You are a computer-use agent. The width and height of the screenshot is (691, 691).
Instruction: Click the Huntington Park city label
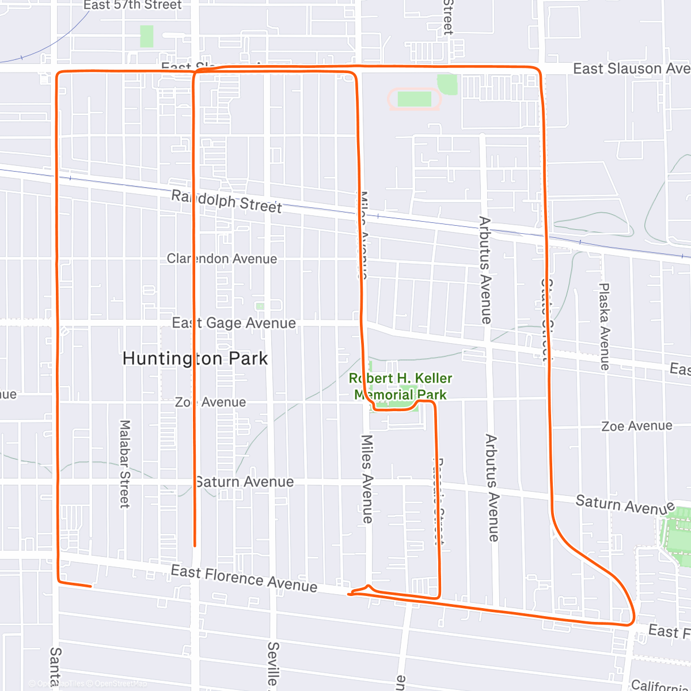point(195,359)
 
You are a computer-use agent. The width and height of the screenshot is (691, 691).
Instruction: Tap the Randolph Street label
point(226,202)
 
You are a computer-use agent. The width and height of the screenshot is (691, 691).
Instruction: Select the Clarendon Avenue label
point(222,259)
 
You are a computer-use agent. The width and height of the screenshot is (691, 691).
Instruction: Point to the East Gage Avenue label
point(234,323)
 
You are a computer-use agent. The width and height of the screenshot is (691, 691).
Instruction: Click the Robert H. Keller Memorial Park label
point(401,386)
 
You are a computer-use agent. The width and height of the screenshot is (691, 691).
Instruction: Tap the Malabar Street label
point(124,464)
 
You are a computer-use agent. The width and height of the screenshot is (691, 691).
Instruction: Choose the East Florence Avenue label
point(244,578)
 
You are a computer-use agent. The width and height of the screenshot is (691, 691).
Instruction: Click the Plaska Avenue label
point(604,326)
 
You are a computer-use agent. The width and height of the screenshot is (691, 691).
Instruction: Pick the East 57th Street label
point(132,5)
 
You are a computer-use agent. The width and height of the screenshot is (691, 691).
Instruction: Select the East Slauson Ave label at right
point(631,69)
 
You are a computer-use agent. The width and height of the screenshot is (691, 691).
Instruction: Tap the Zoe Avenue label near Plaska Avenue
point(637,426)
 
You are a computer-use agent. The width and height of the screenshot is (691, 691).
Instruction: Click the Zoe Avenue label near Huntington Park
point(211,402)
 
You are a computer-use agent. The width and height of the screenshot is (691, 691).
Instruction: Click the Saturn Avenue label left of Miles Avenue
point(244,481)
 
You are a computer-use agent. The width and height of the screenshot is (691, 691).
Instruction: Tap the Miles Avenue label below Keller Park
point(367,479)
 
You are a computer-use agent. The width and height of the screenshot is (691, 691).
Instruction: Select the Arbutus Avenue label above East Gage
point(485,269)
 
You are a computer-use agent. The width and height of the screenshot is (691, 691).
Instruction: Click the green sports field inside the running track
point(414,99)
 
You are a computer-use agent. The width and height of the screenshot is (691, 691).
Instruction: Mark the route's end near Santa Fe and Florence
point(90,586)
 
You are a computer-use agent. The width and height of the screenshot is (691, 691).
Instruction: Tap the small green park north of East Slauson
point(147,36)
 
